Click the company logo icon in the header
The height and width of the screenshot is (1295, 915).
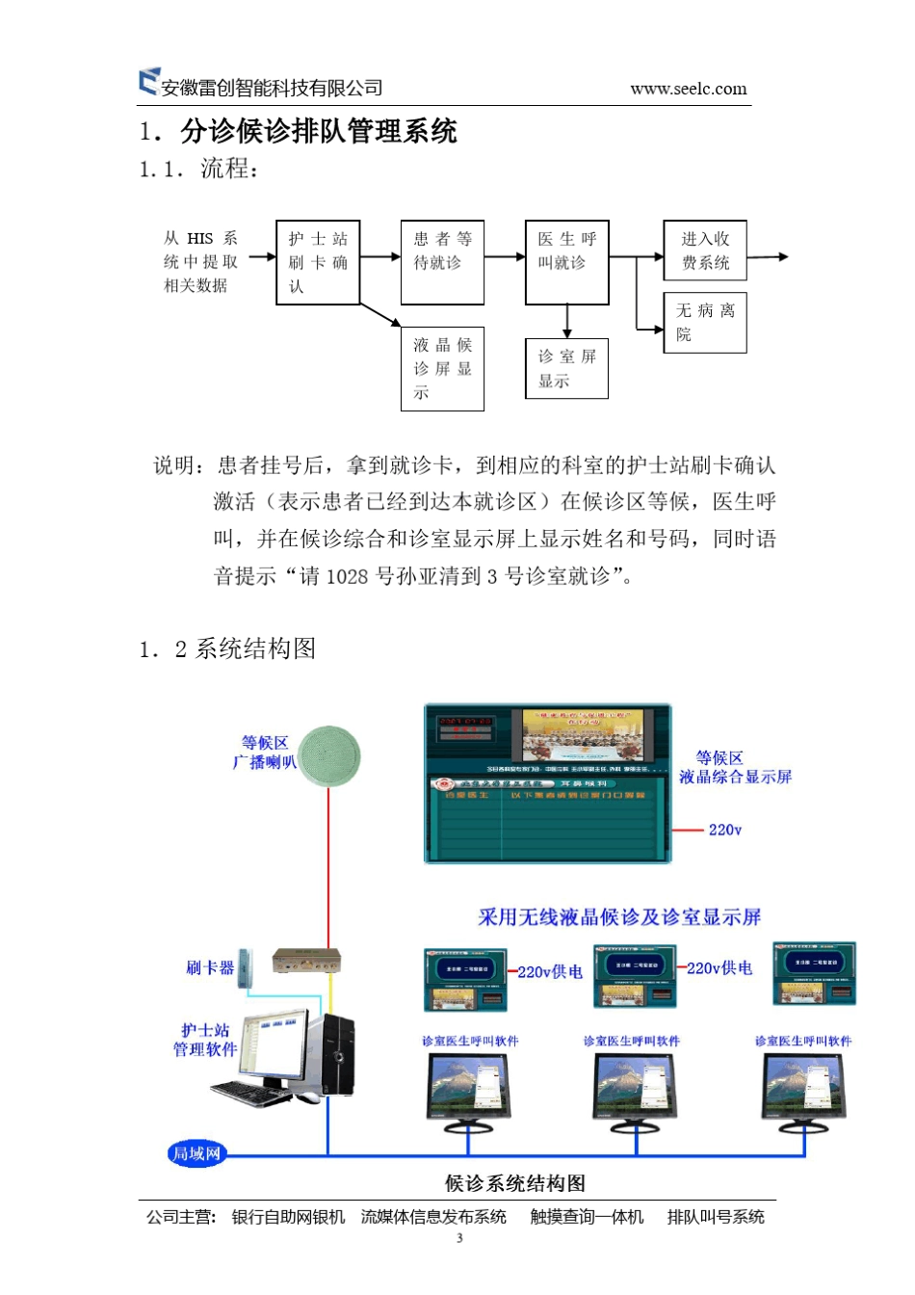point(148,82)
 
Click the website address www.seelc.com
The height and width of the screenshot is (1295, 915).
point(688,90)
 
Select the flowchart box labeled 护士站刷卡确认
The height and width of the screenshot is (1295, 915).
point(318,262)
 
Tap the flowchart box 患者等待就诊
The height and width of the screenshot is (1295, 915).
point(442,262)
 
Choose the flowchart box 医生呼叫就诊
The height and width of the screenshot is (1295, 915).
point(567,262)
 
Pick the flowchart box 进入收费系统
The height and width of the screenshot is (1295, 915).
point(705,251)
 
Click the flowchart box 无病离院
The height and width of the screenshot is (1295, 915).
point(705,323)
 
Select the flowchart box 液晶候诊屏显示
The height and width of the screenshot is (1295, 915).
point(442,369)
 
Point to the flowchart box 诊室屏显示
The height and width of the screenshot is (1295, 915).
point(566,368)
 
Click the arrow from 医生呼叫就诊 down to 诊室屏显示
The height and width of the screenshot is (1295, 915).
point(567,321)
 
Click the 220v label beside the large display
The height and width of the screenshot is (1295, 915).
point(724,830)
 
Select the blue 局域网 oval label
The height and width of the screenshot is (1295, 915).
point(196,1152)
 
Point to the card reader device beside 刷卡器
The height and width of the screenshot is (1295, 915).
point(246,967)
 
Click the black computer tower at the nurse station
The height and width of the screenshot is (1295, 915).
point(336,1055)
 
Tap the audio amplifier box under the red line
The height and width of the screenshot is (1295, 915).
point(307,962)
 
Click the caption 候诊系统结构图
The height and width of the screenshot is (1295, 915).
point(515,1183)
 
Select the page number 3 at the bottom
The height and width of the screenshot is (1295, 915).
point(459,1238)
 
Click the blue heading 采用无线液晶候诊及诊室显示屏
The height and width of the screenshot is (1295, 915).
point(619,917)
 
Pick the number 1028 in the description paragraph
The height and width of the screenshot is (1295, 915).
point(347,577)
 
